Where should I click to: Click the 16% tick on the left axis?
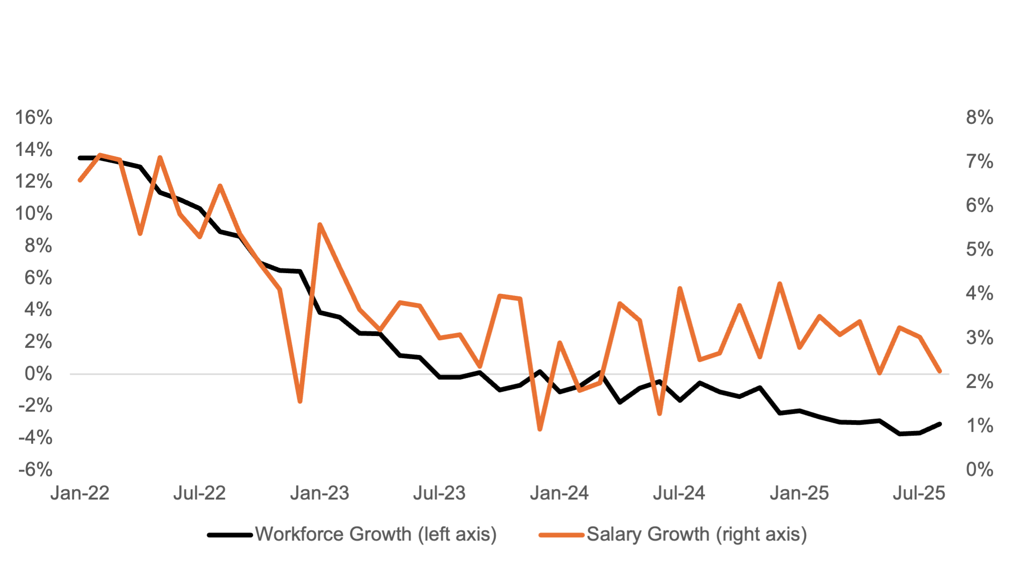click(x=34, y=118)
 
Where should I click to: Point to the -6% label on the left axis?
click(x=35, y=470)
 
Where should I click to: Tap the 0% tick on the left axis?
click(x=38, y=374)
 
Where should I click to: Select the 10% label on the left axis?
click(x=34, y=214)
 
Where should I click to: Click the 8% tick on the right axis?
click(x=979, y=118)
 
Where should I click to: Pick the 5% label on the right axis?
click(x=979, y=249)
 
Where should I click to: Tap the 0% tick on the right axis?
click(x=979, y=470)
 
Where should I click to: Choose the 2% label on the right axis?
click(x=979, y=382)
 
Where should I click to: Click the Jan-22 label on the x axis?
click(x=80, y=493)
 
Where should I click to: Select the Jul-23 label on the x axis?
click(x=439, y=493)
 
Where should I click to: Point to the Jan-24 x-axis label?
click(x=559, y=493)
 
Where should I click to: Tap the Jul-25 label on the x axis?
click(x=919, y=493)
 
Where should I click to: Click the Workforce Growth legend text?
click(x=376, y=534)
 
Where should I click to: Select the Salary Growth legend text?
click(x=697, y=534)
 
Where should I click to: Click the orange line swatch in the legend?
click(x=562, y=535)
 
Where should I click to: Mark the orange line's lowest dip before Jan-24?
click(x=540, y=430)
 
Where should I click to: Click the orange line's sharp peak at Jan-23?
click(x=320, y=224)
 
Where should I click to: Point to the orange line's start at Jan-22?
click(x=80, y=180)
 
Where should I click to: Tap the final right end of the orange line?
click(x=939, y=371)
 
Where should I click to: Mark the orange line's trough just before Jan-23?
click(x=300, y=402)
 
